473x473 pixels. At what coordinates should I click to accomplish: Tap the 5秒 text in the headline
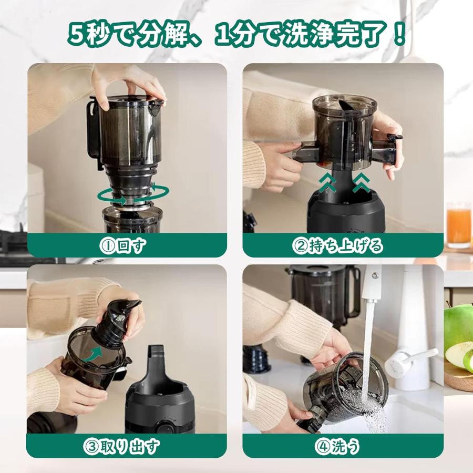point(92,35)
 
